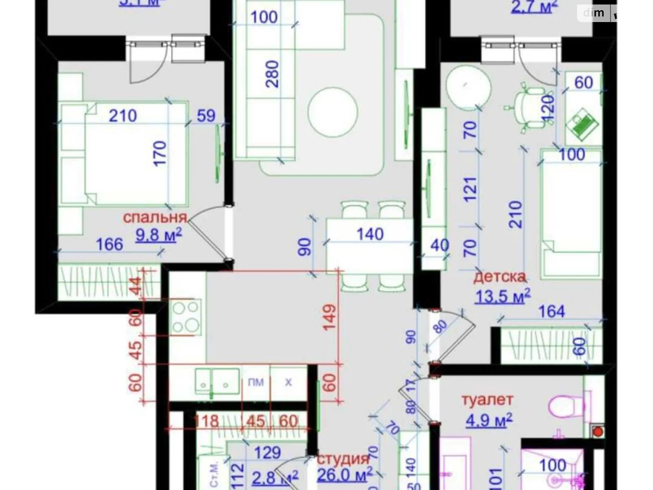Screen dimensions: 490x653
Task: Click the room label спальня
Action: coord(155,217)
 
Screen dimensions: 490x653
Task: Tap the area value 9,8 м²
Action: coord(158,235)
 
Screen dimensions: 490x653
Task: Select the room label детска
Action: coord(499,277)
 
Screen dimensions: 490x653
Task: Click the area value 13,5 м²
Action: coord(502,296)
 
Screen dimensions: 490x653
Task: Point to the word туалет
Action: coord(487,400)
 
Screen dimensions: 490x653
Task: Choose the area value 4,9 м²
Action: coord(489,419)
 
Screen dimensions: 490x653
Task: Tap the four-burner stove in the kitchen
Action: coord(186,317)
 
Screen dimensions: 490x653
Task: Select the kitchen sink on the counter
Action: coord(217,381)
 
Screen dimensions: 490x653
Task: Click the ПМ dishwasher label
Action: coord(255,382)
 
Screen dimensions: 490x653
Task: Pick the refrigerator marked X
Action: coord(288,382)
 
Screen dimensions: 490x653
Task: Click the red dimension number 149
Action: coord(329,317)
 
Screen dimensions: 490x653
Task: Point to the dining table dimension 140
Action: coord(370,234)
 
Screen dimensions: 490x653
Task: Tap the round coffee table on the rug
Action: coord(333,112)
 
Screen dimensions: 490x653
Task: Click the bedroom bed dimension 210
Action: coord(122,116)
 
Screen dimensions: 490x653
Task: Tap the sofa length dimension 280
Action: coord(272,74)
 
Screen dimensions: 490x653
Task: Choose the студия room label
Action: coord(343,459)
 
